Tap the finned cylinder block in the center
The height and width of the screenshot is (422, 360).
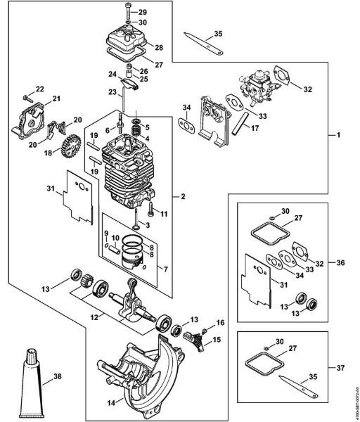pyautogui.click(x=127, y=172)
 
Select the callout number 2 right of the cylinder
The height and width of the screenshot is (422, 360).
pyautogui.click(x=184, y=196)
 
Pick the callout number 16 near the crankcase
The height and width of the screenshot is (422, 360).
pyautogui.click(x=220, y=321)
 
